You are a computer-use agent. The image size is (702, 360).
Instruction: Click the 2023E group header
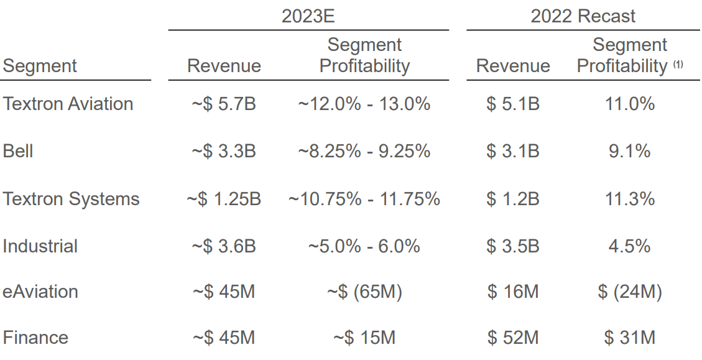308,16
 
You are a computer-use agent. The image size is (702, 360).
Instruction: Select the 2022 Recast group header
583,16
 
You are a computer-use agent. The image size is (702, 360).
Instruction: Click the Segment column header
40,66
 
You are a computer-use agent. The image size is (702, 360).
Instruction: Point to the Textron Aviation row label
68,104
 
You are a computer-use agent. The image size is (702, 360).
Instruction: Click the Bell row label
18,151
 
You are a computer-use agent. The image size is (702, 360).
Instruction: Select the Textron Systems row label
71,199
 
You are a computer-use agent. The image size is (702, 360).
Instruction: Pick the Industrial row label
40,246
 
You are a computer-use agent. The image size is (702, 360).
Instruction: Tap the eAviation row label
40,292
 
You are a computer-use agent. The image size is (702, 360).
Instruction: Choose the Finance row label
35,338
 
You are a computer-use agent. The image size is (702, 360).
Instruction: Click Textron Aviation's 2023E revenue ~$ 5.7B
224,104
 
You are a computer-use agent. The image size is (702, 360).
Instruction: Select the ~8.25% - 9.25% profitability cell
364,151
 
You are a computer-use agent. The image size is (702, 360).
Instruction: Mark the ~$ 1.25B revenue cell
224,199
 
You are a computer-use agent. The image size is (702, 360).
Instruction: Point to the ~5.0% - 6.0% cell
364,246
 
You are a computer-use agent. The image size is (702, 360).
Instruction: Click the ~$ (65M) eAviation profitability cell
364,292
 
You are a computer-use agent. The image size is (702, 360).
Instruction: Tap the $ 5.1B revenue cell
513,104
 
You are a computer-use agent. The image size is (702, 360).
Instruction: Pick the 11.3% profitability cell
629,199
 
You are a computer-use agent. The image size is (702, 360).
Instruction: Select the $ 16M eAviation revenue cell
513,292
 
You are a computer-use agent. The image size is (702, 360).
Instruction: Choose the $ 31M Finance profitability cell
629,338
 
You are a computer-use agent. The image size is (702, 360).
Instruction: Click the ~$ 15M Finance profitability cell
364,338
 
